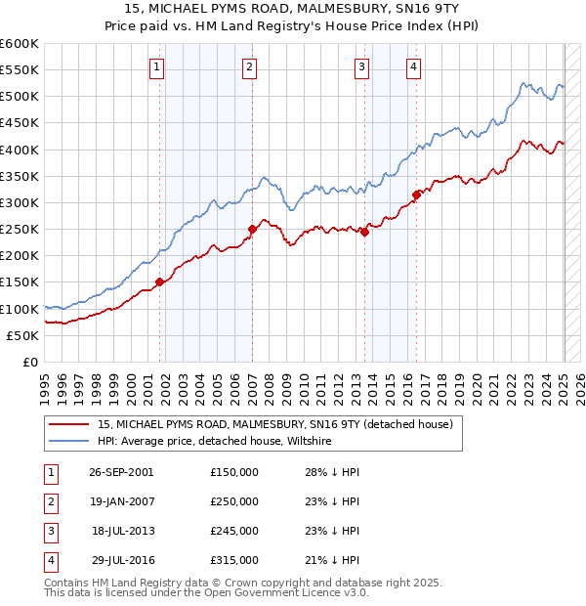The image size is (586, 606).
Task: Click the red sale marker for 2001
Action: click(159, 282)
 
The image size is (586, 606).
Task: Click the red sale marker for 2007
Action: click(252, 229)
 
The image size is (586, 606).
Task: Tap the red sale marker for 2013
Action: click(364, 232)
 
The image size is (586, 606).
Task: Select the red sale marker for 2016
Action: click(416, 195)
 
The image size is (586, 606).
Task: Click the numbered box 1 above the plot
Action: click(157, 66)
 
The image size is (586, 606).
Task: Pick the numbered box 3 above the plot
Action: click(361, 66)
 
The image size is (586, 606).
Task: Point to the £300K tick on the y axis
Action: click(21, 202)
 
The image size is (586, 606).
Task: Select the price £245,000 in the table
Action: click(234, 531)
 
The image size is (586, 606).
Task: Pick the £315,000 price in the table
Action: click(234, 560)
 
